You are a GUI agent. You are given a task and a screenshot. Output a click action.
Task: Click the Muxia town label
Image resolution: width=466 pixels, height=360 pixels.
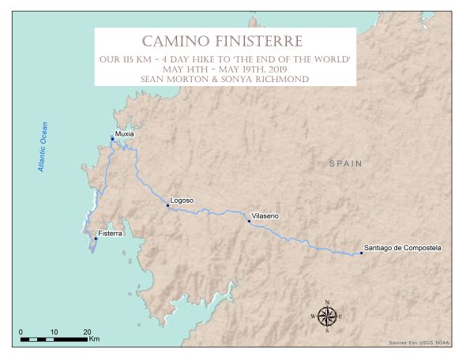point(124,134)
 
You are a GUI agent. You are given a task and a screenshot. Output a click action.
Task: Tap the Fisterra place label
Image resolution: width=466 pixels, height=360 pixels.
point(110,234)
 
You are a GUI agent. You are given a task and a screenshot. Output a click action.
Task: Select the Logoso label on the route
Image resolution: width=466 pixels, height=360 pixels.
point(182,201)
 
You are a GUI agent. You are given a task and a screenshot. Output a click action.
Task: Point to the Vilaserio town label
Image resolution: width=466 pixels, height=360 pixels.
point(265,216)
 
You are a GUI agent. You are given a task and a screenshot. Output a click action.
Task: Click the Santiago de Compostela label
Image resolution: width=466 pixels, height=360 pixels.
point(402,248)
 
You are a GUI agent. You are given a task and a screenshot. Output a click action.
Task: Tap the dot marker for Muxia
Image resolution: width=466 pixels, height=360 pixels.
point(112,139)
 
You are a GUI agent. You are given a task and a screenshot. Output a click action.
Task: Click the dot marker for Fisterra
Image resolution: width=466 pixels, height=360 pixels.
point(95,238)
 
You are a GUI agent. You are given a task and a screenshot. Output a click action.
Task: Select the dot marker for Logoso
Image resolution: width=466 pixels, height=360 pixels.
point(168,206)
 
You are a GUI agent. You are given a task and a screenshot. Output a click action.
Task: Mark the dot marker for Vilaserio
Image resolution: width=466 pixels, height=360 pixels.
point(249,221)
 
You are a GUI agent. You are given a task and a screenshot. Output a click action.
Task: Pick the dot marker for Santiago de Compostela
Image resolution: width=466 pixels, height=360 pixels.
point(361,253)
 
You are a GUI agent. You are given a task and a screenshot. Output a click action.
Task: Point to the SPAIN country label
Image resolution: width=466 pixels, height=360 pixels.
point(345,163)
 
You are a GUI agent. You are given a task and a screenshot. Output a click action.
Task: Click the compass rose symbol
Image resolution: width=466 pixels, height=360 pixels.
point(327,317)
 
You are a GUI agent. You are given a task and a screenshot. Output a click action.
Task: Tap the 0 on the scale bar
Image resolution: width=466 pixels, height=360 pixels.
point(21,331)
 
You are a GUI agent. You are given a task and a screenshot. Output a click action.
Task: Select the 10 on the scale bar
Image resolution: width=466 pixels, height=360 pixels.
point(54,331)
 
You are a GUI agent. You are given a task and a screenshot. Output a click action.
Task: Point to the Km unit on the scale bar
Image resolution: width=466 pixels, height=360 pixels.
point(95,339)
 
